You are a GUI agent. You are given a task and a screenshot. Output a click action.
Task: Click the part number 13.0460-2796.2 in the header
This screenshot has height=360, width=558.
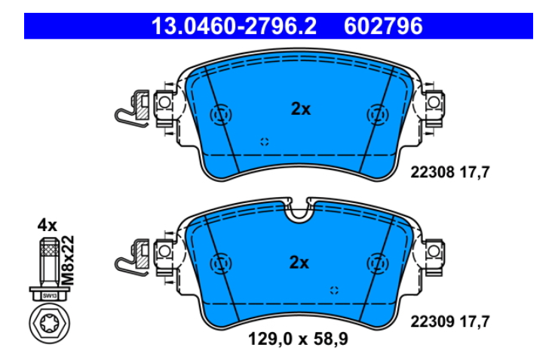(234, 26)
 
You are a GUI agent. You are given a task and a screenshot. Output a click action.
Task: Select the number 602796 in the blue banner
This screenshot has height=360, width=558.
(383, 26)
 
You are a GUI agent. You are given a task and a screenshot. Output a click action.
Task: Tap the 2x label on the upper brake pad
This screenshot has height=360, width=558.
(301, 109)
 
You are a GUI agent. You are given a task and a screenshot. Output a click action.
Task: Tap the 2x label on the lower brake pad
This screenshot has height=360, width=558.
(299, 263)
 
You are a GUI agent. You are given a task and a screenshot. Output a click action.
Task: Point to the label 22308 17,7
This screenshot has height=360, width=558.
(450, 172)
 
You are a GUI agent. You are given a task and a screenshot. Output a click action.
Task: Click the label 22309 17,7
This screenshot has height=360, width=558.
(450, 322)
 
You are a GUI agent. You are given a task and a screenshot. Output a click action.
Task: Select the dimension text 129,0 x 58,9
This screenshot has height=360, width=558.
(298, 339)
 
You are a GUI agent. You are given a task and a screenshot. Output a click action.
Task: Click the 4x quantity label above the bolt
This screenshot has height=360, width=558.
(48, 225)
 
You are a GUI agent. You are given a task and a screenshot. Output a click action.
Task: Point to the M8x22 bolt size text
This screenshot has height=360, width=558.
(68, 260)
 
